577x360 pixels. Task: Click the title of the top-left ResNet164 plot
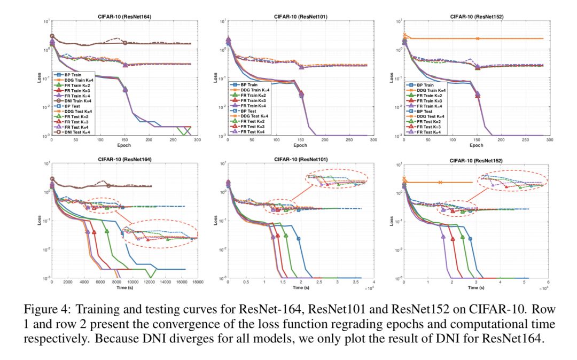tap(124, 16)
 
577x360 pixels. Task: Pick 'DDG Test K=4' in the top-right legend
tap(433, 116)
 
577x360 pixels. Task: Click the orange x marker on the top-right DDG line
tap(478, 38)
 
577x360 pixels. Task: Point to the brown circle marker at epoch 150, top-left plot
tap(125, 43)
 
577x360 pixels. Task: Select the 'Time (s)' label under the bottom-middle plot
tap(300, 288)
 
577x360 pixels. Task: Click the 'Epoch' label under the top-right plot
tap(477, 145)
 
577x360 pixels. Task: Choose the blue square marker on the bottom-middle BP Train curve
tap(299, 239)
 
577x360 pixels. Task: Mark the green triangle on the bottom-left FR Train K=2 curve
tap(106, 231)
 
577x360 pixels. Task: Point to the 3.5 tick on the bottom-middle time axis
tap(355, 282)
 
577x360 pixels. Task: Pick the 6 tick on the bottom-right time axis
tap(549, 282)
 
